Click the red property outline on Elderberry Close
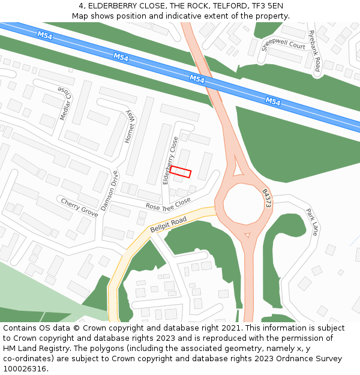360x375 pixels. pos(180,172)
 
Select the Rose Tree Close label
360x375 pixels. pos(168,204)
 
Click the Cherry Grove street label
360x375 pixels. pos(79,208)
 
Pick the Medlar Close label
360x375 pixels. pos(65,103)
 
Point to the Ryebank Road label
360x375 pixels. pos(314,51)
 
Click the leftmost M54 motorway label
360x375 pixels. pos(45,35)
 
